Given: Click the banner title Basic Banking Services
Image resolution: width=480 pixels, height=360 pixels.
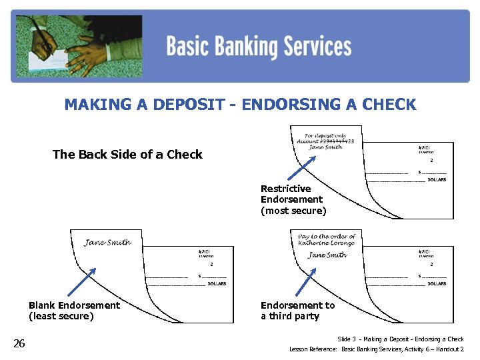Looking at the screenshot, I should [259, 47].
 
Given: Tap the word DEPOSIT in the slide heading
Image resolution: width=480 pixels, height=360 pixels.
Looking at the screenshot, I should [189, 105].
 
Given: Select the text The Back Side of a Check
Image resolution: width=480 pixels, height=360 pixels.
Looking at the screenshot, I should [127, 155].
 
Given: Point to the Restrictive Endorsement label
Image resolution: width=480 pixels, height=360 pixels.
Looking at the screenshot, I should [291, 194].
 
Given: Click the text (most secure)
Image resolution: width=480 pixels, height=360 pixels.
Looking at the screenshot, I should [293, 211].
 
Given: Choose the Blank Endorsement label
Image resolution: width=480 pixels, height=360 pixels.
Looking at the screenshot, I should [74, 305].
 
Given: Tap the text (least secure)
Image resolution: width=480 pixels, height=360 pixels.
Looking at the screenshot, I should [61, 316].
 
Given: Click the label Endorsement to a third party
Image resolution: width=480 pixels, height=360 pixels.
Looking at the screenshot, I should [297, 311].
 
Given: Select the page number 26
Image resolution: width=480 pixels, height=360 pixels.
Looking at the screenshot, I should [19, 343].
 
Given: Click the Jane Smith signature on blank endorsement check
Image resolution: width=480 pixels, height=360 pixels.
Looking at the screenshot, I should [107, 242].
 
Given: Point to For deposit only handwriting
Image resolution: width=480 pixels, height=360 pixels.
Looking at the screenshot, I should [326, 136].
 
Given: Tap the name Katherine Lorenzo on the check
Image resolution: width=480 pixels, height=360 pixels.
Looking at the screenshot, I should [327, 243].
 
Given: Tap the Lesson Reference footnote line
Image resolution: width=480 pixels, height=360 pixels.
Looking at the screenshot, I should [376, 349].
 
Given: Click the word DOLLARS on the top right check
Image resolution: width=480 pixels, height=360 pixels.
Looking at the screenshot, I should [437, 180].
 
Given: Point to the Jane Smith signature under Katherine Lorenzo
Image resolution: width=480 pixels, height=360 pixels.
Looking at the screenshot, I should [327, 255].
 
